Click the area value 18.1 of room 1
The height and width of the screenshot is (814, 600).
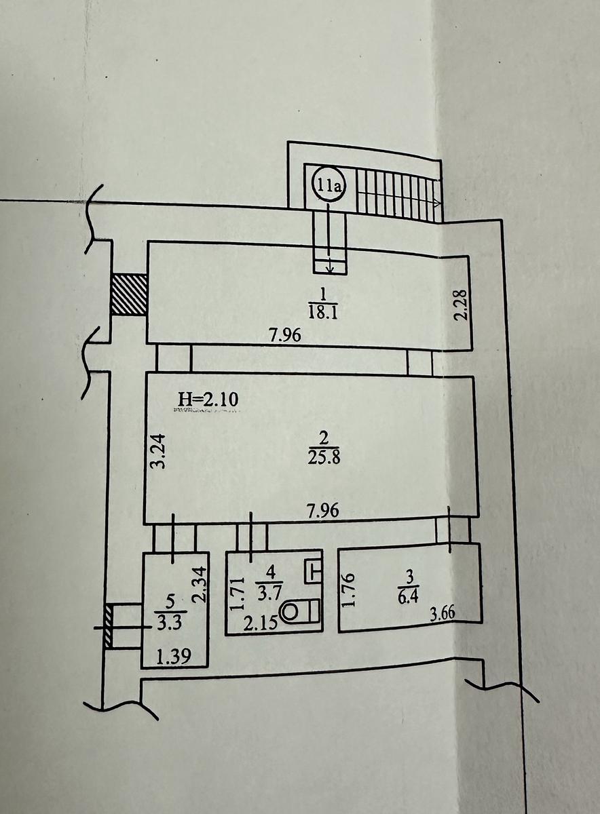323,312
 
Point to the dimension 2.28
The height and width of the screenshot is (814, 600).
461,304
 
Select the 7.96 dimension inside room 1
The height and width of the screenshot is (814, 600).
286,335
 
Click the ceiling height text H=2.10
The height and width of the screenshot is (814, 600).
208,400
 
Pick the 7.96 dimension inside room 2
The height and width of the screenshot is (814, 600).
323,511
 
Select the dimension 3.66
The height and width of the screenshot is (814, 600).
442,615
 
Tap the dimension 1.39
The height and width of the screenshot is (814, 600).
173,657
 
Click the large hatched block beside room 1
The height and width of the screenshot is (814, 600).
129,294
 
